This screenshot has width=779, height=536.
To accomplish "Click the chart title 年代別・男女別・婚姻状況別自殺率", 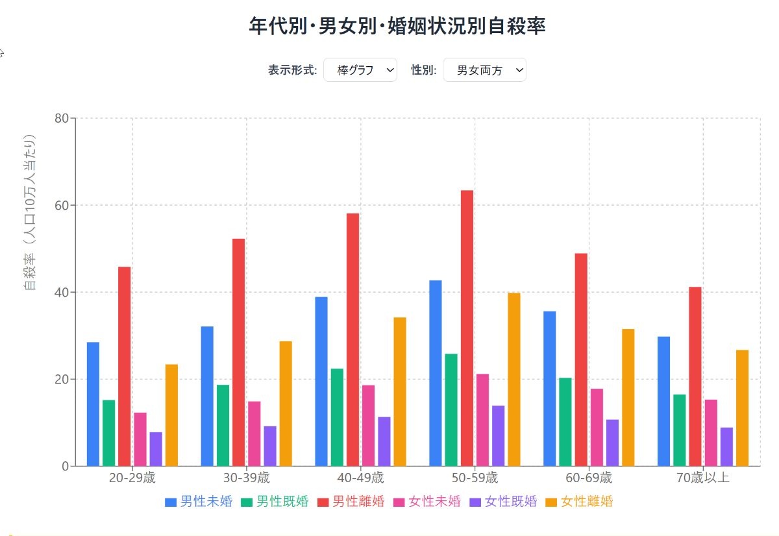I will click(x=397, y=26).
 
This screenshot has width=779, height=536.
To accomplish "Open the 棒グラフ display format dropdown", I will click(x=360, y=70).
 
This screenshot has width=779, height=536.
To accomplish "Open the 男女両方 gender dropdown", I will click(x=484, y=70).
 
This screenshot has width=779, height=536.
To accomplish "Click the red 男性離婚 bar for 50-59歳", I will click(x=467, y=328).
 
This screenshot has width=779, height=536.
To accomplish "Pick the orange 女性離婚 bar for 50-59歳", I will click(x=514, y=380).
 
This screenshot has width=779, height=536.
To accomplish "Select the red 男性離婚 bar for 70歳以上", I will click(x=695, y=376).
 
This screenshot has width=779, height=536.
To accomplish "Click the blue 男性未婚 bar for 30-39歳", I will click(x=207, y=396).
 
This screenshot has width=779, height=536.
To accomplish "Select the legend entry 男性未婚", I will click(x=199, y=502).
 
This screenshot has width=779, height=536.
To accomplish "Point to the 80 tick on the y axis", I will click(x=62, y=118).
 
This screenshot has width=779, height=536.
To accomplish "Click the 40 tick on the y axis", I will click(x=62, y=292).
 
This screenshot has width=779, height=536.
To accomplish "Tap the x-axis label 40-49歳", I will click(x=360, y=479).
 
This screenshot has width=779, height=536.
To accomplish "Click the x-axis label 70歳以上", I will click(x=703, y=479).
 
